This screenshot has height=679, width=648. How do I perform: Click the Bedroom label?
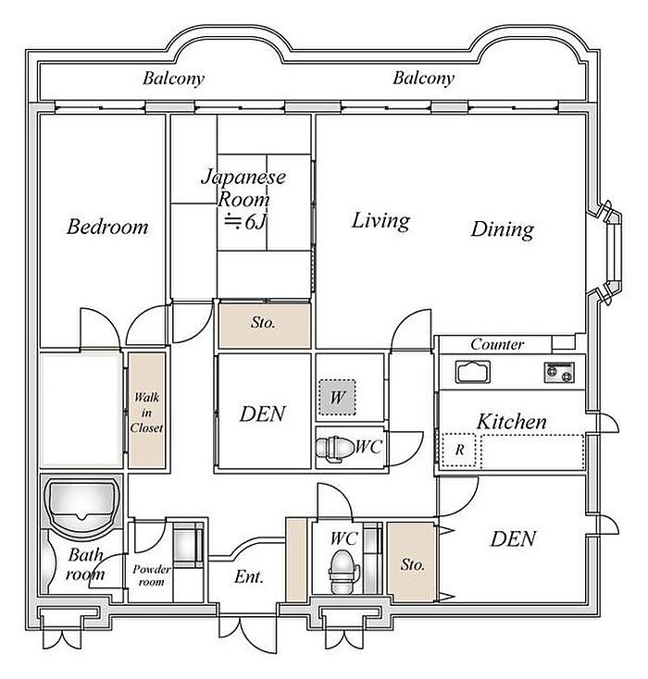point(107,227)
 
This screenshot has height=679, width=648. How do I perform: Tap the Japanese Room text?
point(243,188)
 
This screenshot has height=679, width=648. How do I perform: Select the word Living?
point(380,220)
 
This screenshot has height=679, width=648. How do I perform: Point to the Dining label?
point(503,229)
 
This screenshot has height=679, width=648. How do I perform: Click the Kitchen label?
point(512,422)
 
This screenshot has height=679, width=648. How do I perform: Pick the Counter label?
point(497,344)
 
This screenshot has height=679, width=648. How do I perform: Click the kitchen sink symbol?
point(472,372)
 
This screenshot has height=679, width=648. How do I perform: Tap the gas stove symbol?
point(559,373)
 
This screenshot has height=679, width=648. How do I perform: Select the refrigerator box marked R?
point(459,450)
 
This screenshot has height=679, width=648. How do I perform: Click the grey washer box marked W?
point(337,397)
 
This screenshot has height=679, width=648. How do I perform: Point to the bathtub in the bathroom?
point(82,501)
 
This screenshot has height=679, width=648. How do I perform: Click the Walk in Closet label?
point(146,413)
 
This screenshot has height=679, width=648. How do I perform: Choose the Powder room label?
point(151,575)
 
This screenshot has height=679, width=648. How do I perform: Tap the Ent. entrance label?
point(249,576)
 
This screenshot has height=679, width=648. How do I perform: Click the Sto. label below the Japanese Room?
point(263,322)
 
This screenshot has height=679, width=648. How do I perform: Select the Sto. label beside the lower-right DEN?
point(412,564)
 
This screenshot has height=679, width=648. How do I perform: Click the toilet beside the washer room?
point(334,448)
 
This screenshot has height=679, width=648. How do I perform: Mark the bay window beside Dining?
point(607,253)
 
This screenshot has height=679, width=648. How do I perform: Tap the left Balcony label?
point(173,79)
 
